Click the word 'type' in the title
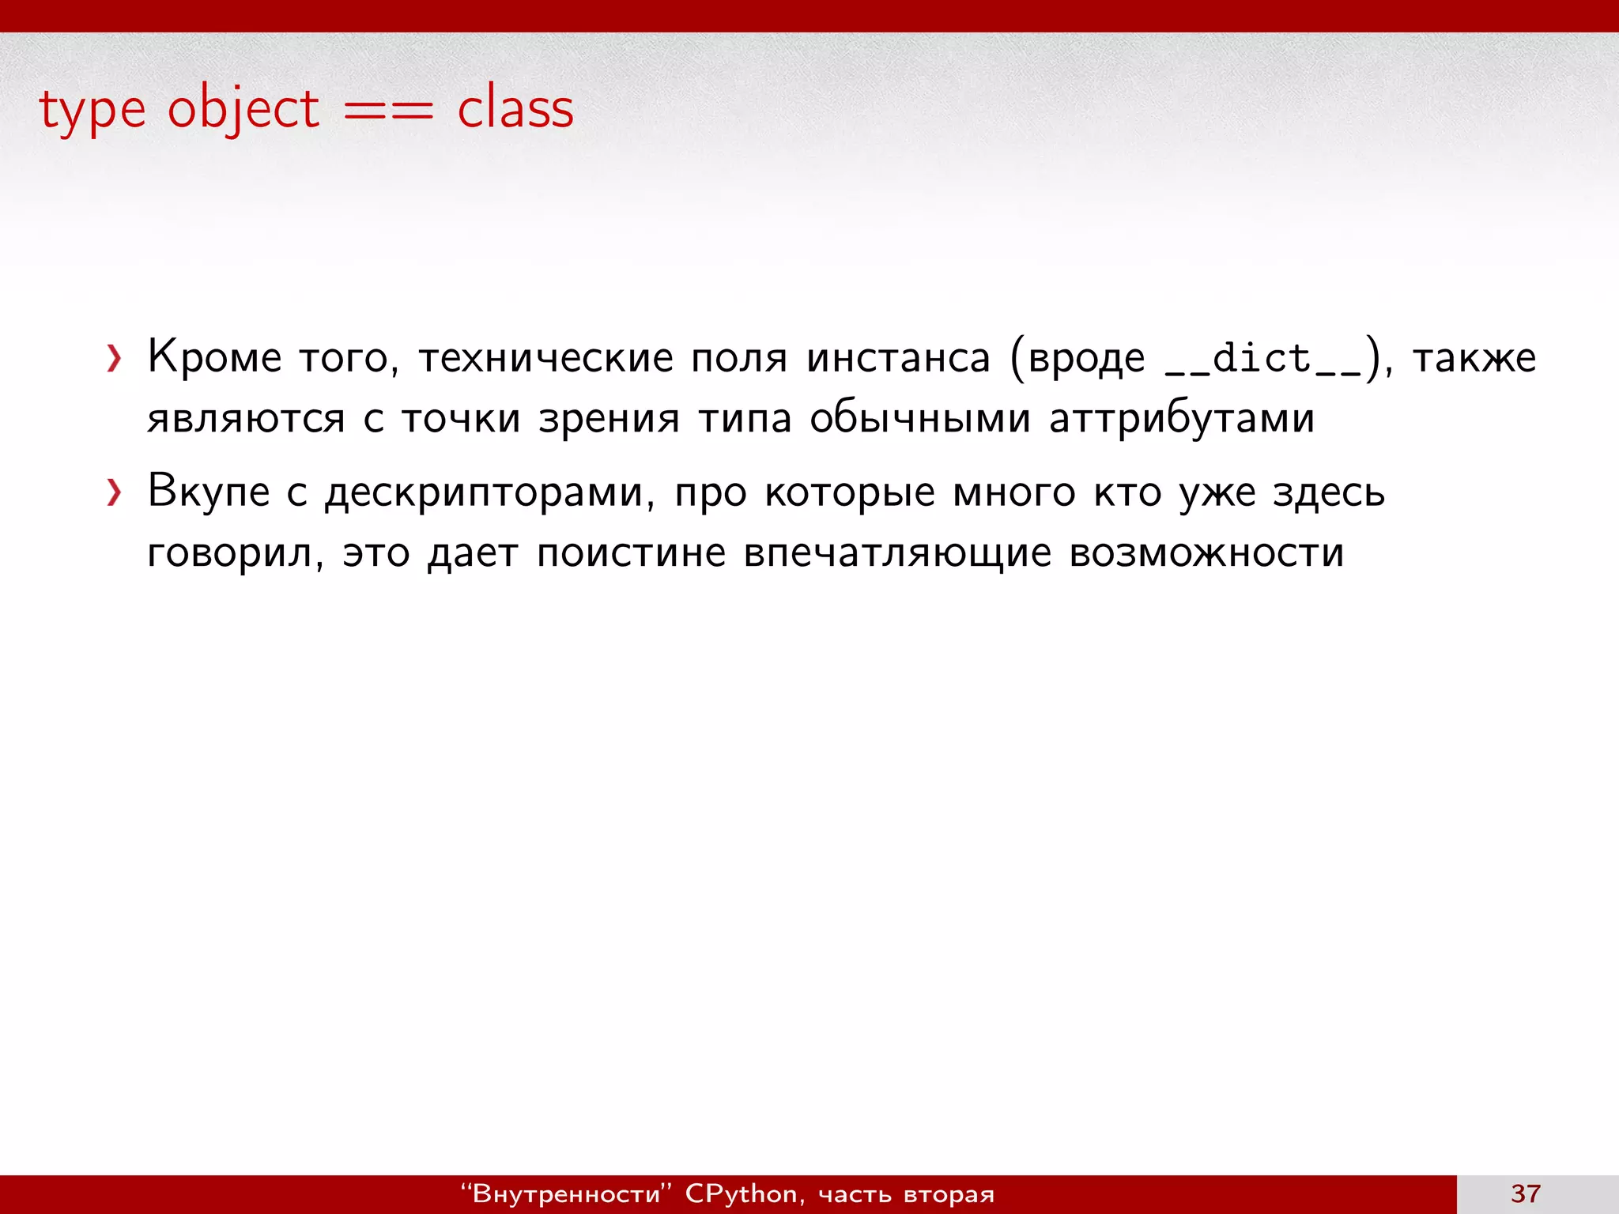(x=92, y=111)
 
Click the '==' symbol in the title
(x=388, y=111)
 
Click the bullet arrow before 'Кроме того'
(x=115, y=359)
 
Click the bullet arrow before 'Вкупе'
(x=115, y=493)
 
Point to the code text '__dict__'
(x=1262, y=359)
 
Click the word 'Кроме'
(x=214, y=357)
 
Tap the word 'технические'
(x=545, y=357)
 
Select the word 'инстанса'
(x=898, y=357)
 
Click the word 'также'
(x=1474, y=357)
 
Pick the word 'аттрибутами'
(x=1181, y=418)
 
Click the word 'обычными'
(x=919, y=418)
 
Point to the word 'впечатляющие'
(x=897, y=553)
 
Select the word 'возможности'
(x=1206, y=553)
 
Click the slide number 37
(x=1526, y=1193)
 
